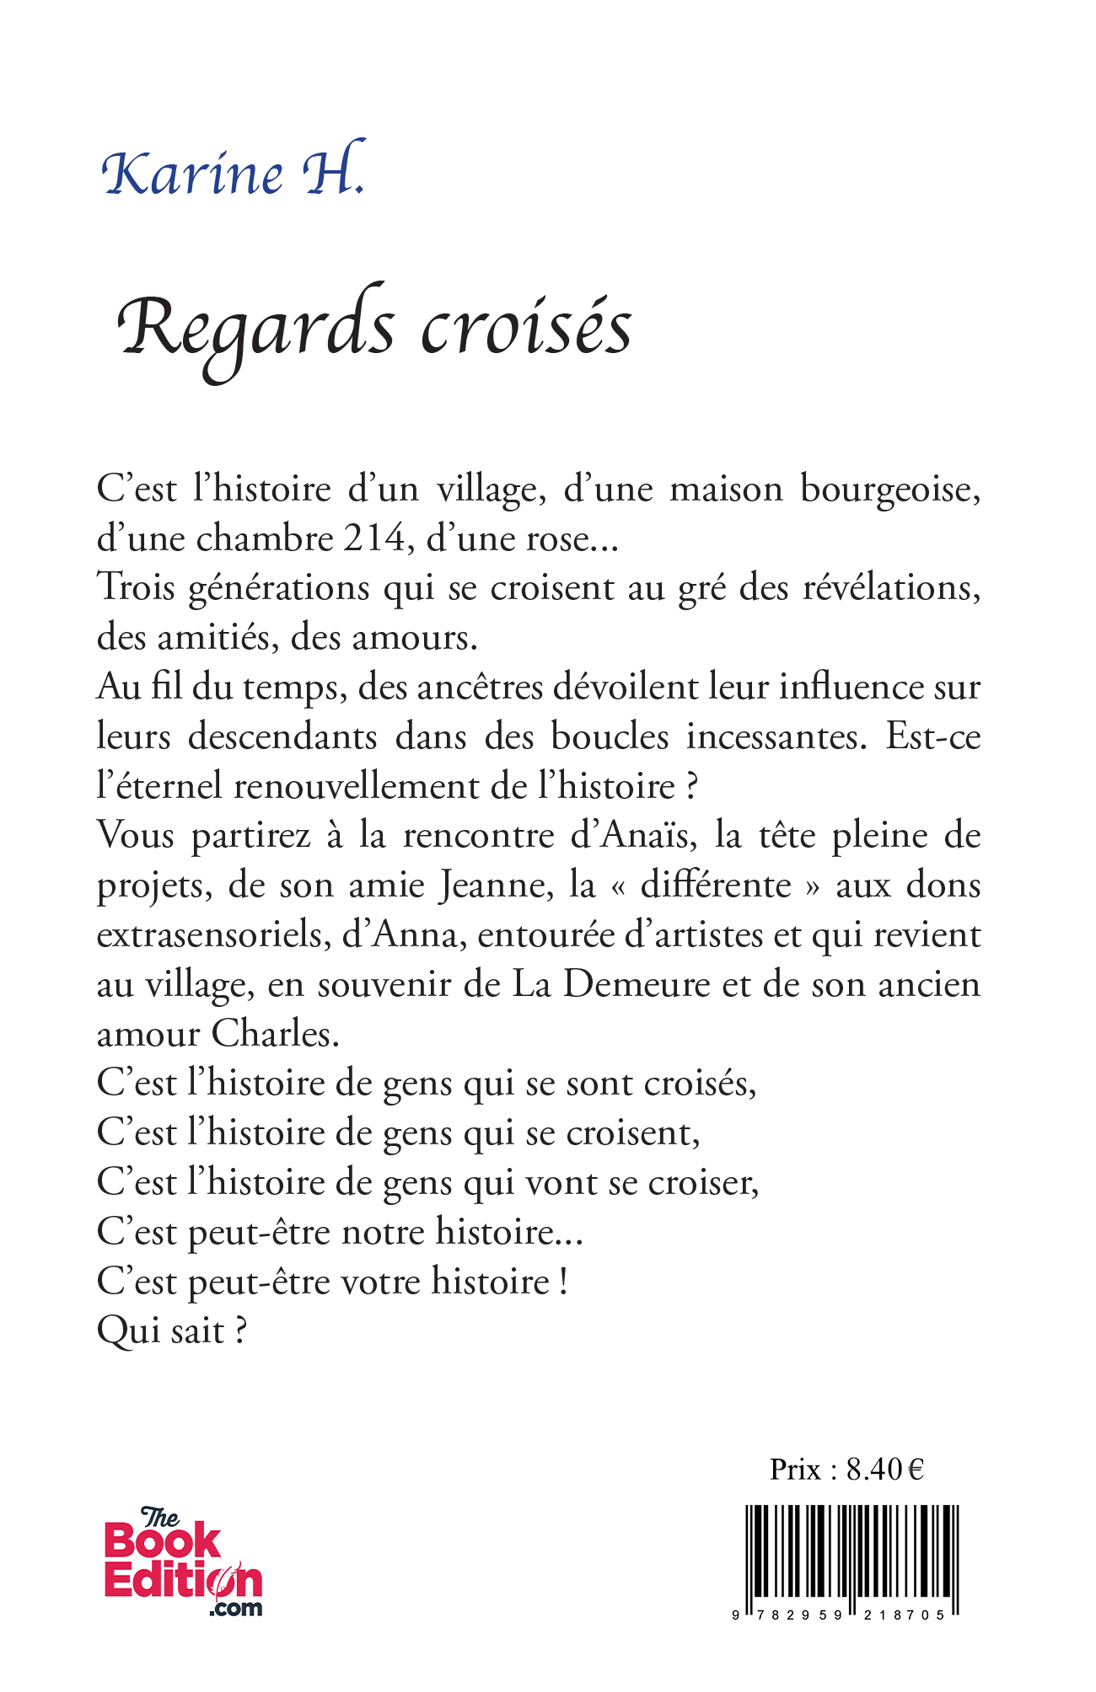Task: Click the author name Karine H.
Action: [x=234, y=173]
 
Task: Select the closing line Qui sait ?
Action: [x=172, y=1332]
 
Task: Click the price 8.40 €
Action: [x=884, y=1470]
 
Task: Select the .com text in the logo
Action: [x=235, y=1608]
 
